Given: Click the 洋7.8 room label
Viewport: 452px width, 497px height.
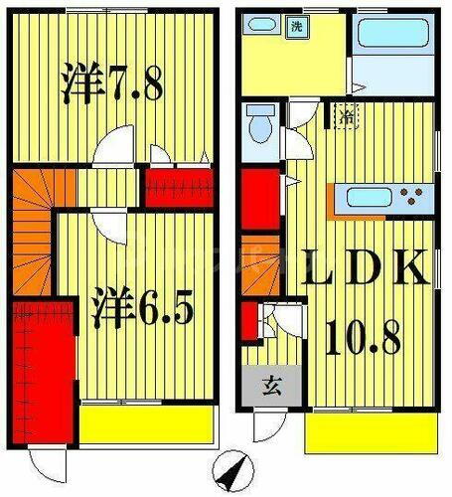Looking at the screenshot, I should [109, 83].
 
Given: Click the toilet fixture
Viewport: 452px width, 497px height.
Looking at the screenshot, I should [260, 127].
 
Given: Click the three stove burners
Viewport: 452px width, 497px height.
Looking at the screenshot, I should [411, 192].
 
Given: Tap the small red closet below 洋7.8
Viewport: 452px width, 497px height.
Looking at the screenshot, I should [180, 188].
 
